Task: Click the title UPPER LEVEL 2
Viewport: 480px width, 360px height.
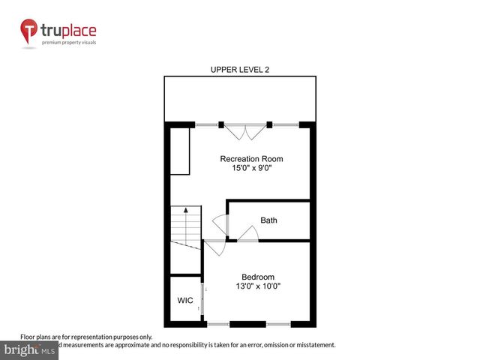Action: click(x=239, y=70)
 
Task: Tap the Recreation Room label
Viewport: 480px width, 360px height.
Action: click(x=251, y=159)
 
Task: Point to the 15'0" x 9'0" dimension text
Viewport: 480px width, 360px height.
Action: click(x=251, y=169)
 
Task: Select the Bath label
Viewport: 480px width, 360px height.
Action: click(x=268, y=220)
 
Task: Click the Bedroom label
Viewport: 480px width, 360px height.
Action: click(x=257, y=276)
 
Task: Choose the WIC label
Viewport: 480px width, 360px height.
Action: click(x=185, y=301)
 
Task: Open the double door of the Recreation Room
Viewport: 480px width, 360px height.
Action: click(x=246, y=131)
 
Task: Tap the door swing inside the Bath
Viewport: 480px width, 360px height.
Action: click(x=248, y=234)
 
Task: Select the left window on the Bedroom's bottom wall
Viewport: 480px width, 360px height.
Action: click(x=218, y=324)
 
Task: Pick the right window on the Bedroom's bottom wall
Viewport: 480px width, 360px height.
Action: click(x=278, y=324)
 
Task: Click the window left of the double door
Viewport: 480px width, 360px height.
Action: click(x=206, y=124)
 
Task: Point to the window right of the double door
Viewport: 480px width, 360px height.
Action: click(x=284, y=124)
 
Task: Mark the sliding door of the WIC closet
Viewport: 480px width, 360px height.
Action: click(x=201, y=297)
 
